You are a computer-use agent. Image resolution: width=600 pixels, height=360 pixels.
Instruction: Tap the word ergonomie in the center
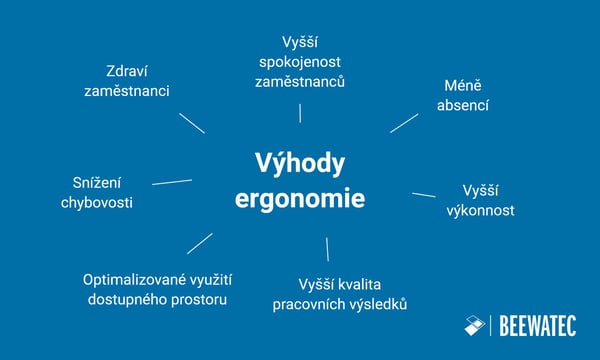point(300,198)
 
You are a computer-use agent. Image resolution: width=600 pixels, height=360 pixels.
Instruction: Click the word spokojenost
point(300,61)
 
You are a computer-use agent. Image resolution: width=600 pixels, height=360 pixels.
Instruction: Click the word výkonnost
point(480,210)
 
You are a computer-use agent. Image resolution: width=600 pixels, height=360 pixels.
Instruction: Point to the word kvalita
point(360,284)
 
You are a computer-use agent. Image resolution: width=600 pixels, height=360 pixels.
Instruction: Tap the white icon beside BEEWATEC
point(474,326)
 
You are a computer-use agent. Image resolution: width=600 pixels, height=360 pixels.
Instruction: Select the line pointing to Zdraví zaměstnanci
point(192,122)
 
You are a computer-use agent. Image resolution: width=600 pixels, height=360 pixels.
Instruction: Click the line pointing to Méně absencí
point(404,121)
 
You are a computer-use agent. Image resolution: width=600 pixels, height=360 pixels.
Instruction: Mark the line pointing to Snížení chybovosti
point(172,182)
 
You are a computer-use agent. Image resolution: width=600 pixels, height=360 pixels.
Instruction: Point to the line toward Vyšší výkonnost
point(424,195)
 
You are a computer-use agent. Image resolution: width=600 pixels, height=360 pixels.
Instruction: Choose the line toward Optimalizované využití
point(200,243)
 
